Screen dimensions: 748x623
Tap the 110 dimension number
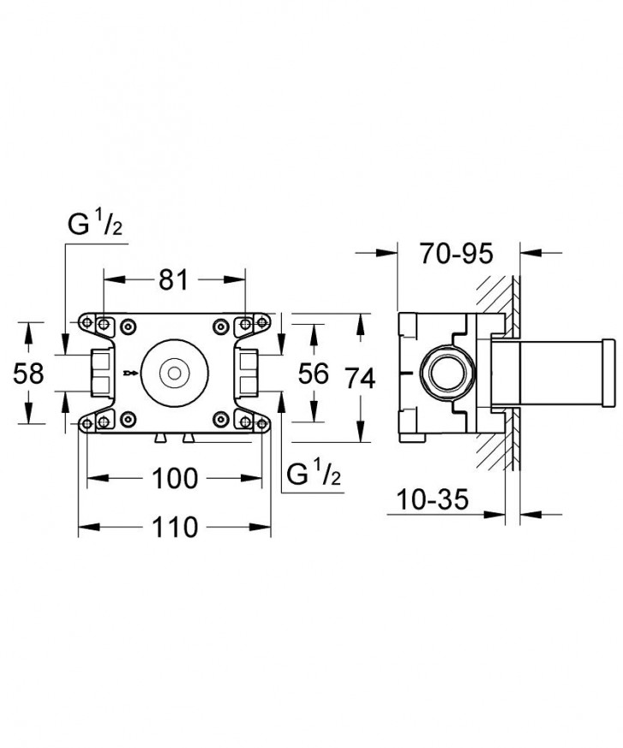tap(175, 527)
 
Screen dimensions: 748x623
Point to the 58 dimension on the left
tap(30, 374)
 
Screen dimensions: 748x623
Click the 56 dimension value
tap(314, 374)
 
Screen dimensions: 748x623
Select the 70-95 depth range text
tap(458, 254)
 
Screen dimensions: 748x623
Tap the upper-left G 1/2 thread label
tap(97, 226)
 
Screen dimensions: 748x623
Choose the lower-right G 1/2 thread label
tap(315, 473)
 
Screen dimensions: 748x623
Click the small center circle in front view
tap(175, 373)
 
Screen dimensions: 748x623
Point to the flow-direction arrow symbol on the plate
tap(129, 373)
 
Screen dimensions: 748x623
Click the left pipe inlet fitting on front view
tap(99, 373)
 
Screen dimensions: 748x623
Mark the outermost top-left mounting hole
tap(87, 323)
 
